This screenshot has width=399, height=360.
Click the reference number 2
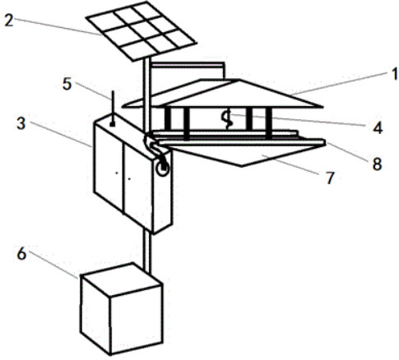[x=9, y=21]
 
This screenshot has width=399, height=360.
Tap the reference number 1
[x=395, y=74]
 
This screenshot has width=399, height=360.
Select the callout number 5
[x=67, y=84]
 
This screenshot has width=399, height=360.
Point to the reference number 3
[x=21, y=123]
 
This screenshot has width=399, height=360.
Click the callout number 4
[x=378, y=128]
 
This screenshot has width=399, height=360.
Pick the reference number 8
[x=377, y=164]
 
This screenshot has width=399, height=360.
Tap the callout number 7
[x=330, y=178]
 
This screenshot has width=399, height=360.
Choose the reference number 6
[x=21, y=253]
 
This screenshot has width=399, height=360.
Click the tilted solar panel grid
[x=142, y=30]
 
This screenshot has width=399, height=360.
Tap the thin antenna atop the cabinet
[x=112, y=107]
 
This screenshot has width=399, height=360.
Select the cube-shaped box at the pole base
[x=122, y=309]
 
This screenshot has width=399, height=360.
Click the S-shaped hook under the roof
[x=227, y=119]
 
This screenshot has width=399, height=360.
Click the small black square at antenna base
[x=112, y=125]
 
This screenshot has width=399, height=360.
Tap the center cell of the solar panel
[x=141, y=31]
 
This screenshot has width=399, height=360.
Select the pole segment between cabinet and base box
[x=147, y=252]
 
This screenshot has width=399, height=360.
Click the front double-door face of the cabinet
[x=123, y=176]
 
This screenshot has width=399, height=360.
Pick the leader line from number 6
[x=53, y=265]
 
